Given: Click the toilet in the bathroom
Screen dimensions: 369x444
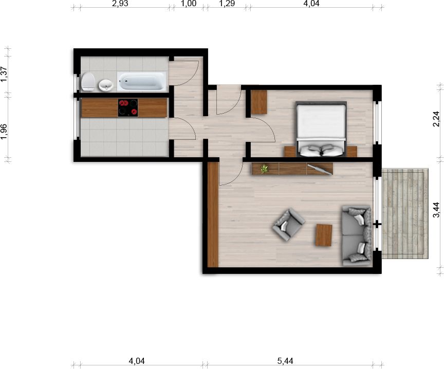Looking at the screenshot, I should [x=88, y=82].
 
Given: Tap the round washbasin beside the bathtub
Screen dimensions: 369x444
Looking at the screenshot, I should [x=105, y=85].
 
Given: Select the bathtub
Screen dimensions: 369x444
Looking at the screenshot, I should [x=141, y=81].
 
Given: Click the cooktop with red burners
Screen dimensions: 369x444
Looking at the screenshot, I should [x=128, y=108].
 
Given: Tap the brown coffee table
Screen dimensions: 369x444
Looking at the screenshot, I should [x=324, y=235].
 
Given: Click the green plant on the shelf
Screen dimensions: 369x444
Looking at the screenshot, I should [x=265, y=168].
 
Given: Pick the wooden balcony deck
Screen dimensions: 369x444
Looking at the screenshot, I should [x=405, y=213].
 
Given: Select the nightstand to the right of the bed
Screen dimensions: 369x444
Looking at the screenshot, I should [x=351, y=151].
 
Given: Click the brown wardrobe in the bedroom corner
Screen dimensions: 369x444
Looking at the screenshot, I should [x=260, y=102].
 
